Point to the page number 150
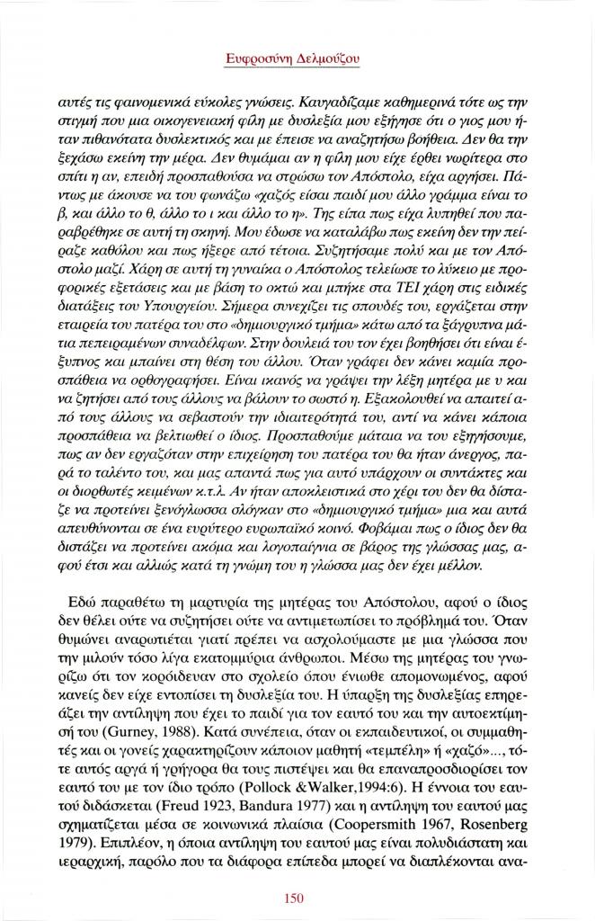tap(296, 897)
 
